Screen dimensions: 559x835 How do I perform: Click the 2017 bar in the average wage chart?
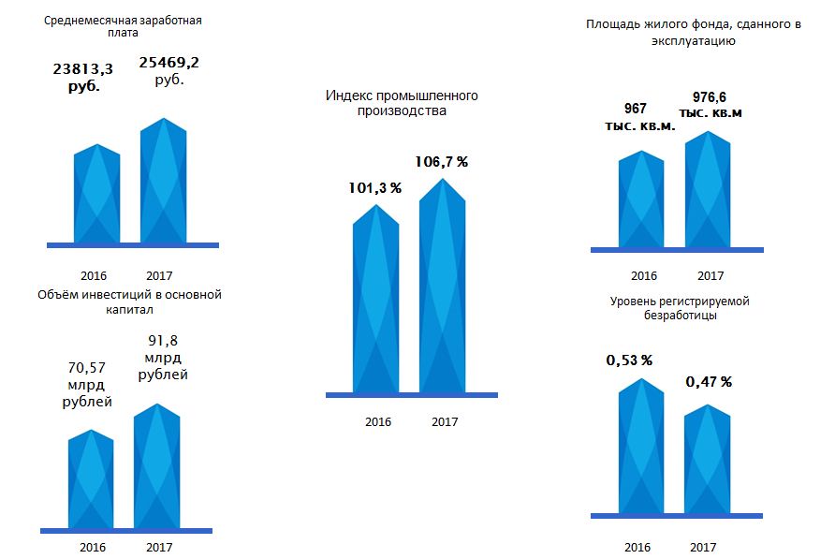tap(164, 183)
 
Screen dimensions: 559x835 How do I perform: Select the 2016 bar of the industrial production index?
tap(375, 300)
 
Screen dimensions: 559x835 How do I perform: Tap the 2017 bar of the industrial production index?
tap(442, 286)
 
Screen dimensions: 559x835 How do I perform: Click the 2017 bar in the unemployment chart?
tap(708, 459)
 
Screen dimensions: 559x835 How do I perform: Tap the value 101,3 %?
tap(374, 187)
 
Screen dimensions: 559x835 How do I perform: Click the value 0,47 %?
tap(709, 381)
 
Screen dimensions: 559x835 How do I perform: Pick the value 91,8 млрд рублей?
tap(163, 359)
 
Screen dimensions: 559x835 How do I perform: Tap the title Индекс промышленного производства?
tap(402, 103)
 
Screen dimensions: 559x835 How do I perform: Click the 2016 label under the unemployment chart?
tap(637, 548)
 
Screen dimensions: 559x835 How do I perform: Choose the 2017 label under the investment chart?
tap(160, 547)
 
